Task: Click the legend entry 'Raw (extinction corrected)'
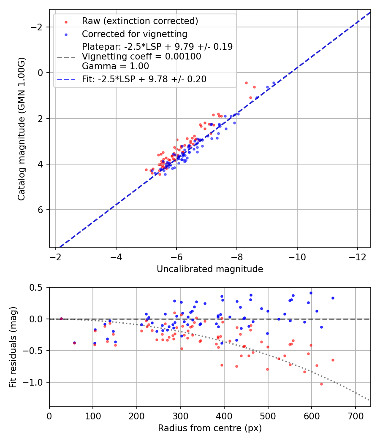pyautogui.click(x=140, y=21)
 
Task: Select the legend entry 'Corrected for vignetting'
pyautogui.click(x=134, y=34)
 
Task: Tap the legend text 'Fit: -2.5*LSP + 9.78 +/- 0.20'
pyautogui.click(x=144, y=79)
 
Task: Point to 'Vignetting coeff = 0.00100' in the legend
pyautogui.click(x=141, y=57)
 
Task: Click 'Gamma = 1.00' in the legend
pyautogui.click(x=115, y=66)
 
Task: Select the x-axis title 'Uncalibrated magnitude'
pyautogui.click(x=210, y=269)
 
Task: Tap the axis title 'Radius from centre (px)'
pyautogui.click(x=210, y=428)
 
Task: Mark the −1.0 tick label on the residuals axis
pyautogui.click(x=35, y=382)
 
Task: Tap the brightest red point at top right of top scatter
pyautogui.click(x=246, y=83)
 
